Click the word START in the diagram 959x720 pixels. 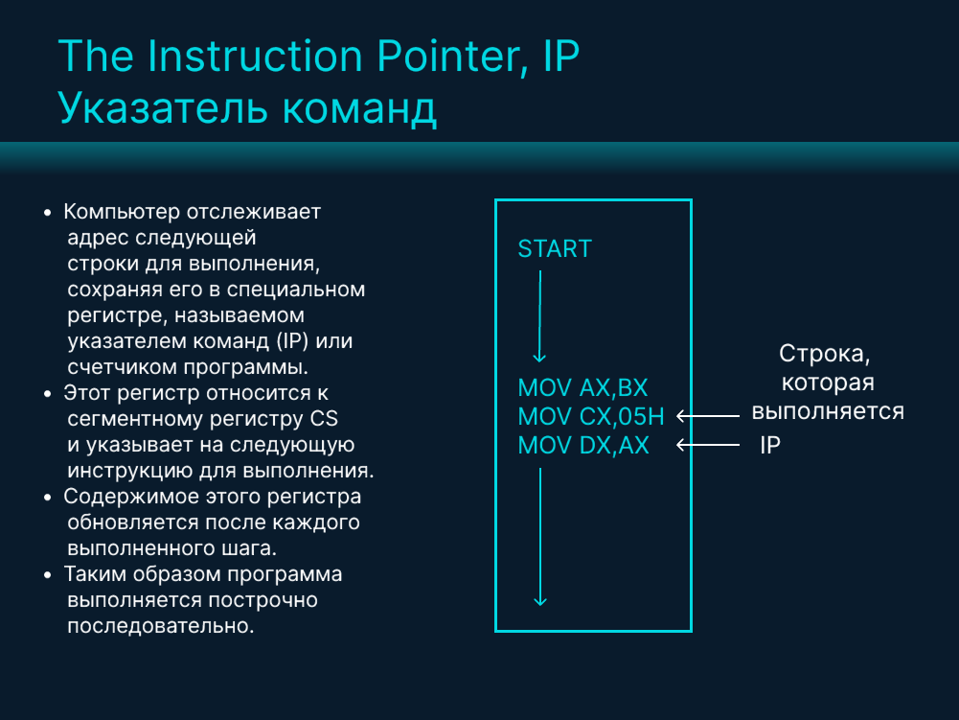pos(555,249)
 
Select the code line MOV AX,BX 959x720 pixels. pos(582,388)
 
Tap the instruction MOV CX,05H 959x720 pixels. pos(590,417)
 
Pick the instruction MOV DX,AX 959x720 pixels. pos(582,446)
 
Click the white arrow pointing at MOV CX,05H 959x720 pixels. pos(708,416)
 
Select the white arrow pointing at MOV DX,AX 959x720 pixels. pos(708,445)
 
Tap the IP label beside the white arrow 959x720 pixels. pos(770,446)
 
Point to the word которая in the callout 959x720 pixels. pos(828,383)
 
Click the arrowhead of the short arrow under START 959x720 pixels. pos(539,357)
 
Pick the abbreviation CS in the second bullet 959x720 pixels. pos(324,419)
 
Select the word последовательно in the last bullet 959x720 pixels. pos(160,627)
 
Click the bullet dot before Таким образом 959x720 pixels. pos(48,575)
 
